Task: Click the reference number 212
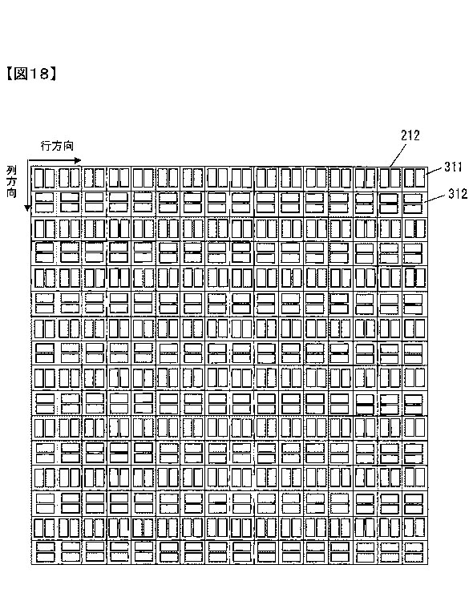[x=410, y=135]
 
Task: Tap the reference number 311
[x=454, y=167]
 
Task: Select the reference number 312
[x=458, y=194]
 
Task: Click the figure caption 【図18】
[x=31, y=73]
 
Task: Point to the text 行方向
[x=57, y=146]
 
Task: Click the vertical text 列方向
[x=11, y=182]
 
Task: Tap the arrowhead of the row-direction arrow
[x=78, y=160]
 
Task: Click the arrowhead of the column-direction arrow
[x=27, y=208]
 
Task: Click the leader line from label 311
[x=435, y=171]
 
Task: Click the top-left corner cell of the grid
[x=44, y=178]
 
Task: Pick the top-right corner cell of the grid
[x=414, y=178]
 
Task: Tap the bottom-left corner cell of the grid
[x=44, y=552]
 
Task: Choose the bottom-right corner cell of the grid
[x=414, y=552]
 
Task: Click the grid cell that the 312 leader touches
[x=414, y=204]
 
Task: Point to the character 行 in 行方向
[x=46, y=146]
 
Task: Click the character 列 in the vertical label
[x=11, y=171]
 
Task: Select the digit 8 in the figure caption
[x=43, y=73]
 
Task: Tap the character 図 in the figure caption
[x=21, y=73]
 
